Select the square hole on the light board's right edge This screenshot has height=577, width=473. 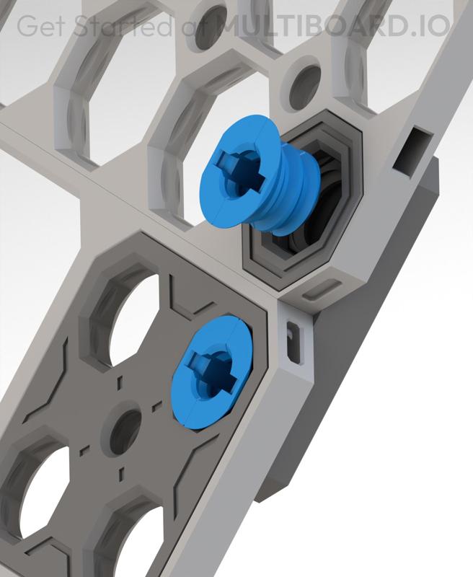[414, 151]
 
